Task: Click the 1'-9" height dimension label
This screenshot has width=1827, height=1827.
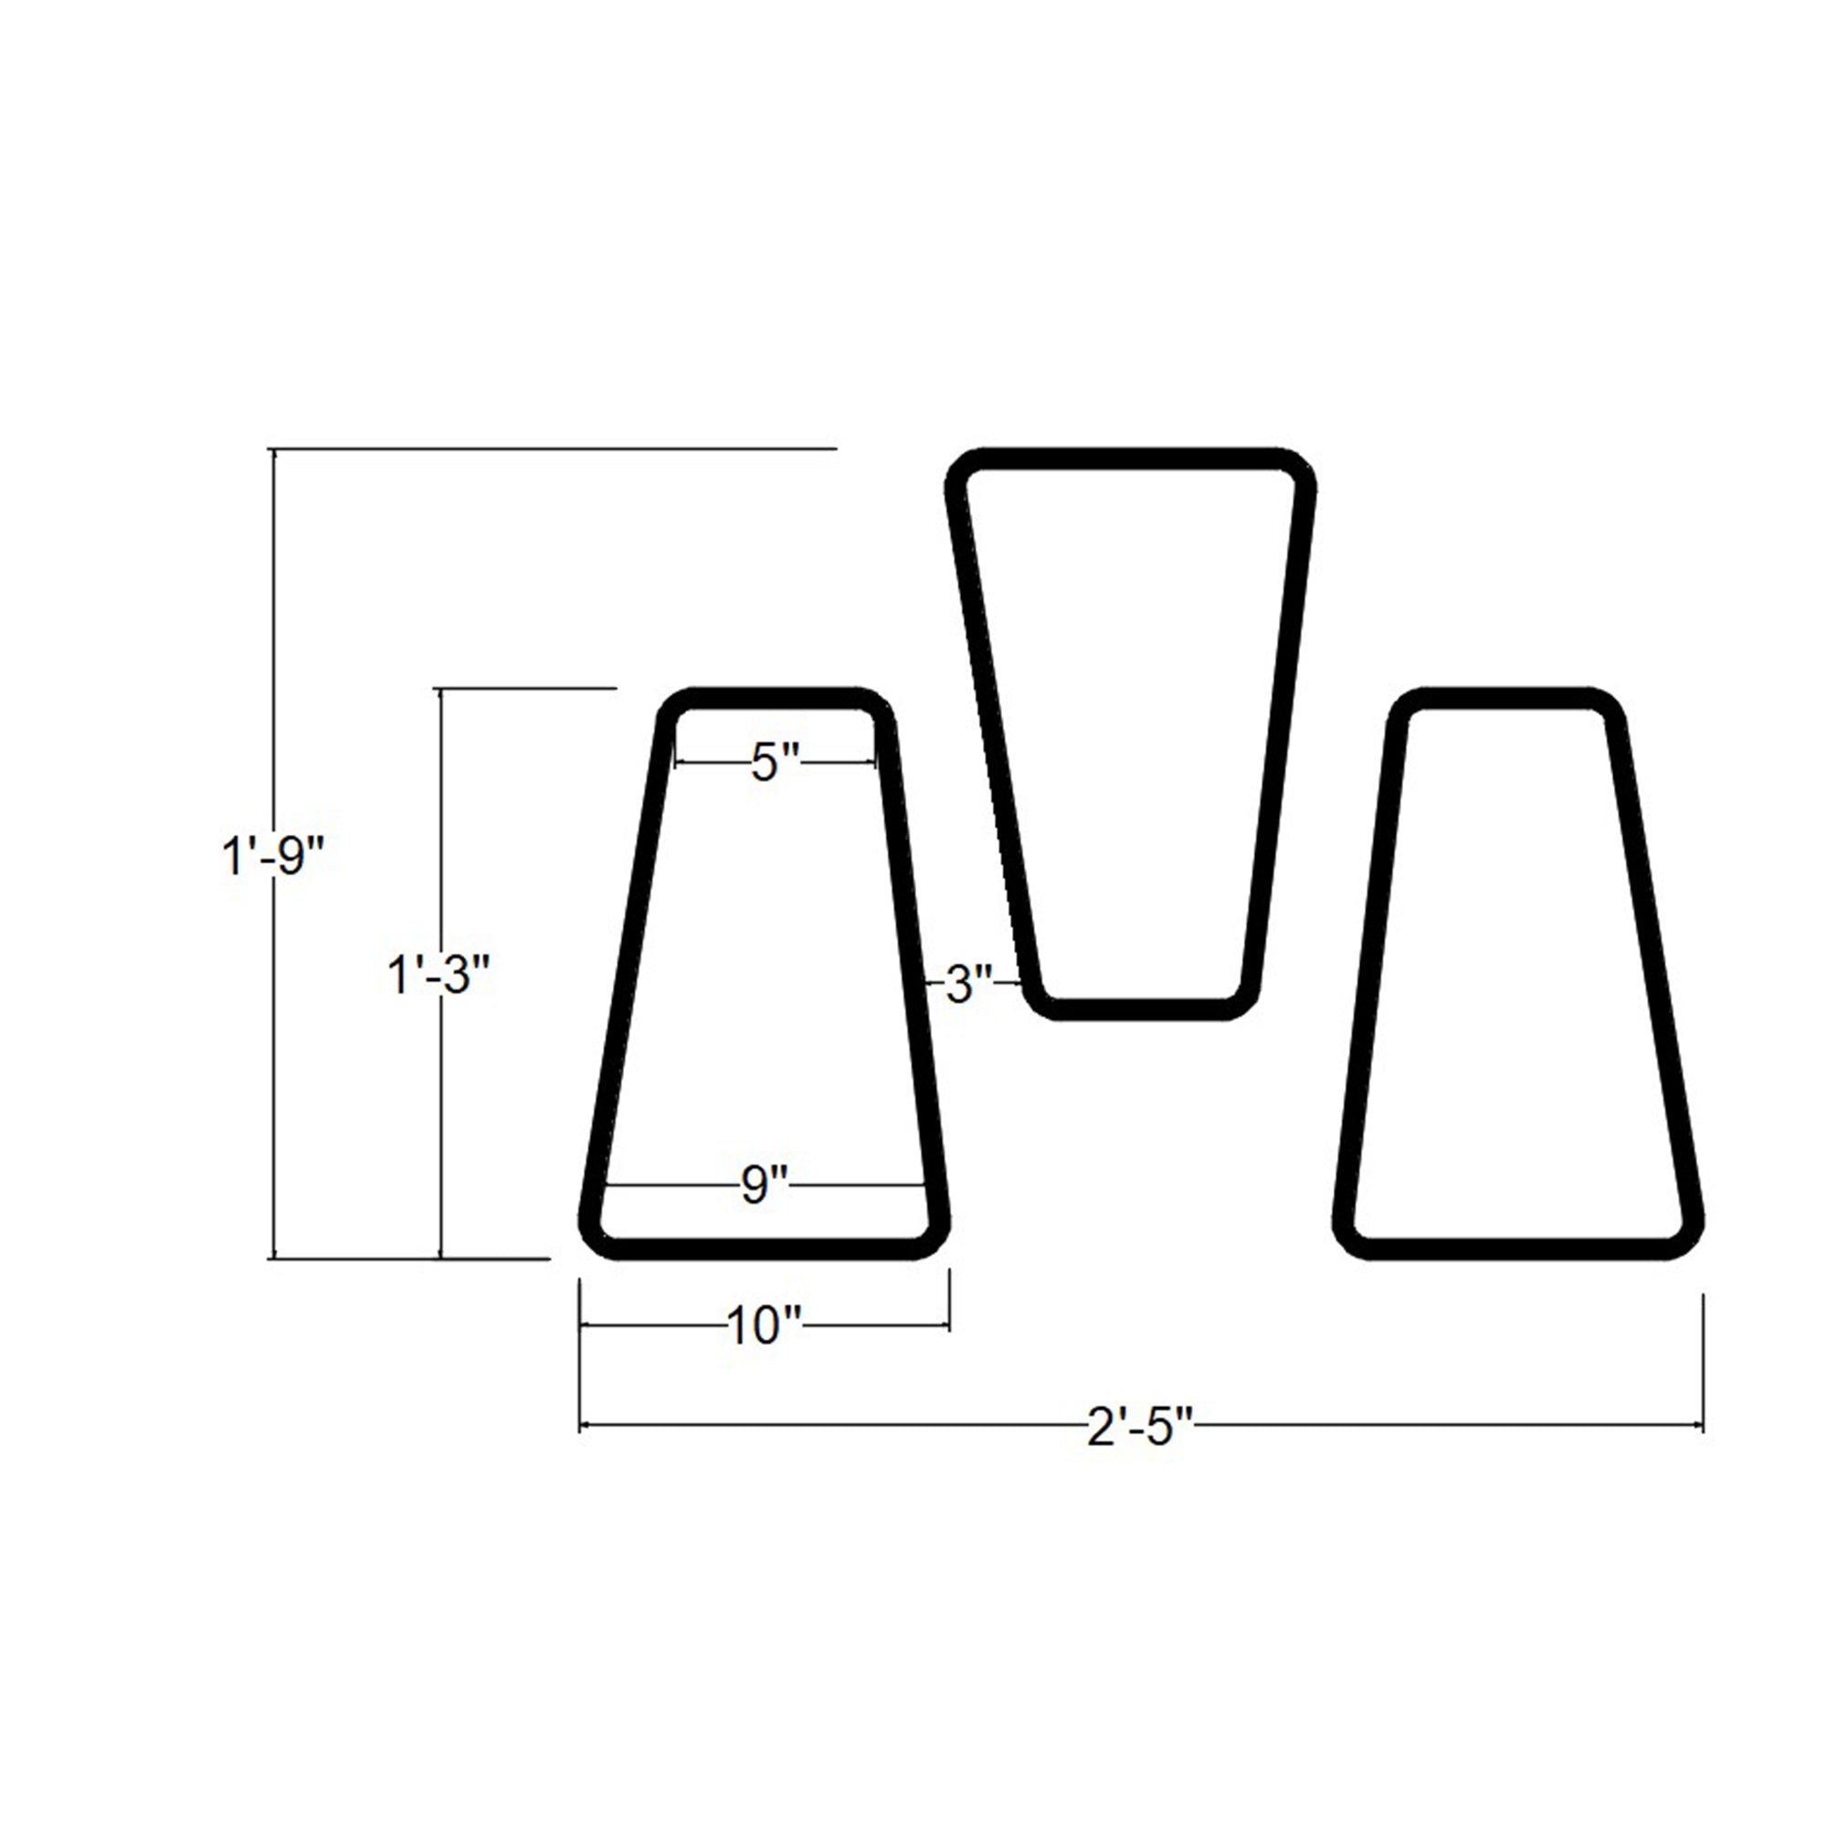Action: pyautogui.click(x=273, y=859)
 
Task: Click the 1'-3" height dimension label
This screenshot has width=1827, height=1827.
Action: pyautogui.click(x=439, y=974)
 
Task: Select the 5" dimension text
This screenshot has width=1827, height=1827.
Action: pyautogui.click(x=776, y=763)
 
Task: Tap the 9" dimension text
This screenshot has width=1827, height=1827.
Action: pyautogui.click(x=764, y=1186)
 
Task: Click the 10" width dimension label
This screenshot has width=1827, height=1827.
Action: pyautogui.click(x=764, y=1327)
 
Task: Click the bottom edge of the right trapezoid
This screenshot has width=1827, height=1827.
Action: pyautogui.click(x=1517, y=1248)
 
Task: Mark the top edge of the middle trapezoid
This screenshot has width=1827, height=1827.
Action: pyautogui.click(x=1130, y=459)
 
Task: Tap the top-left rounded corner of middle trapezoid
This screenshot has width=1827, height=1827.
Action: pyautogui.click(x=963, y=471)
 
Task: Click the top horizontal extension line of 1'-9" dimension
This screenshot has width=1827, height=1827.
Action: pyautogui.click(x=567, y=449)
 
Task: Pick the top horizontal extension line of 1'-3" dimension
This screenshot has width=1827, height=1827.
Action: pyautogui.click(x=530, y=689)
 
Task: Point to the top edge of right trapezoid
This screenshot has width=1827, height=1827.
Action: pyautogui.click(x=1507, y=699)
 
